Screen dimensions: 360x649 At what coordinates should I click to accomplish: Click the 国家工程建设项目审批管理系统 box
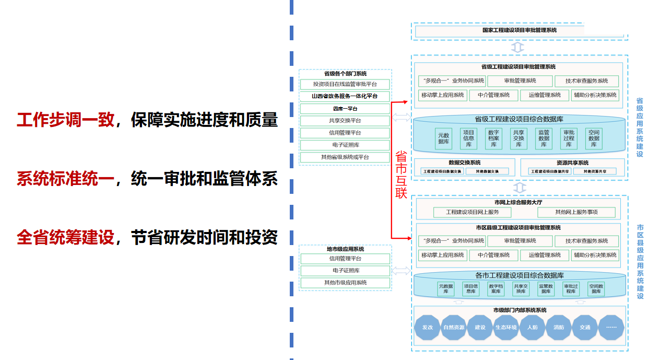tap(519, 30)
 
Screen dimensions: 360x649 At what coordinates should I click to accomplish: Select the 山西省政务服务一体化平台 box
tap(345, 96)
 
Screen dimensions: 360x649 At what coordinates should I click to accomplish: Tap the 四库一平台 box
tap(345, 109)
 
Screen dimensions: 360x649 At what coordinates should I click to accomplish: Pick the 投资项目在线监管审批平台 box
tap(345, 84)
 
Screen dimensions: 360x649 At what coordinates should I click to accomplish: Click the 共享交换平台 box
tap(345, 121)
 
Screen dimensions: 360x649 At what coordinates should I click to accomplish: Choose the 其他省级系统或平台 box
tap(345, 157)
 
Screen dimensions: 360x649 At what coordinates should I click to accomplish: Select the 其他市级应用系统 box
tap(345, 283)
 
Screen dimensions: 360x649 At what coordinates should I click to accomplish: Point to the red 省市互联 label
tap(401, 175)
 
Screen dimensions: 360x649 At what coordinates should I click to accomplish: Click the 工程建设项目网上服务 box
tap(472, 213)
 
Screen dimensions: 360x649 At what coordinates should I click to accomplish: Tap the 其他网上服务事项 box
tap(576, 213)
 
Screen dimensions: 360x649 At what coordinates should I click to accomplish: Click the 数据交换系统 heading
tap(464, 162)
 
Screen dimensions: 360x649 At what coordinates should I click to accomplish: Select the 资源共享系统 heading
tap(572, 162)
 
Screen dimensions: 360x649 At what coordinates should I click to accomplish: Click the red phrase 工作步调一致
tap(65, 120)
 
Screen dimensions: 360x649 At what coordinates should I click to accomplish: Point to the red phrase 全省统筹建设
tap(65, 238)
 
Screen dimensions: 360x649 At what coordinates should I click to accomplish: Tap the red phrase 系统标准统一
tap(65, 179)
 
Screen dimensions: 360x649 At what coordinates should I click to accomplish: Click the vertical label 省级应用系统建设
tap(640, 127)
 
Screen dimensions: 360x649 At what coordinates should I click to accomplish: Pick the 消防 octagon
tap(559, 328)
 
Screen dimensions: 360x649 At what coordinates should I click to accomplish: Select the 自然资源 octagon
tap(454, 328)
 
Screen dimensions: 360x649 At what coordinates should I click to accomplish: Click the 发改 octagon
tap(428, 328)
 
